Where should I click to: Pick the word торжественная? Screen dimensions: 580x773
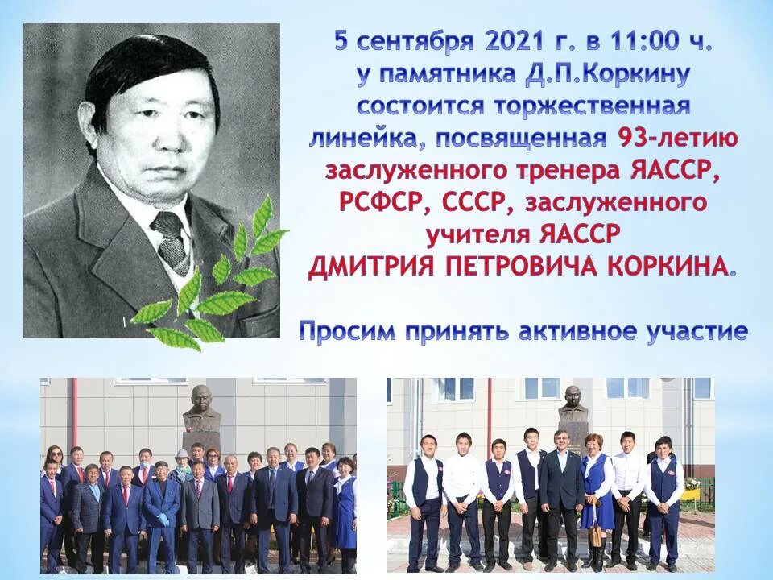pos(602,107)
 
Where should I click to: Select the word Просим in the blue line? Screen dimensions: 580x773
pos(349,331)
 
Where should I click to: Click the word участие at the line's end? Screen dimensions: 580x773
pos(698,331)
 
